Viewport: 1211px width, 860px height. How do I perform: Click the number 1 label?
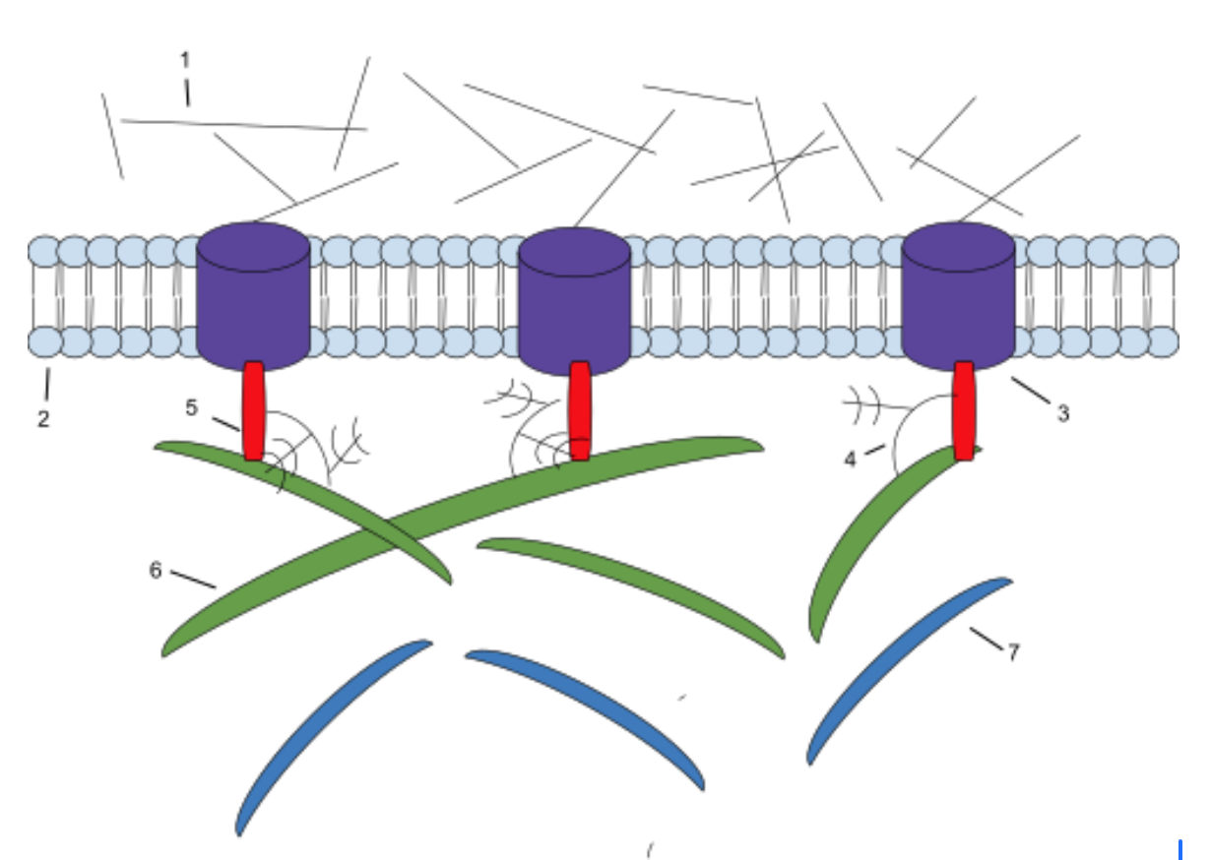(x=185, y=60)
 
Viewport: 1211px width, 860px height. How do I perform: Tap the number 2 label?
(x=43, y=419)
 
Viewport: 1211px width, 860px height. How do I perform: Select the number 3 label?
(x=1063, y=414)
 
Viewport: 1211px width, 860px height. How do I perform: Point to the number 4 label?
(x=851, y=460)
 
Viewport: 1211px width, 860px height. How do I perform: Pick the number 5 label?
(x=191, y=407)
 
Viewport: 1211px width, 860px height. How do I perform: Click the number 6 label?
(x=156, y=571)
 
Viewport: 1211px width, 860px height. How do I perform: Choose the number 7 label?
(x=1014, y=652)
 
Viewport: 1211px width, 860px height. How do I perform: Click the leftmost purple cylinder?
(x=253, y=296)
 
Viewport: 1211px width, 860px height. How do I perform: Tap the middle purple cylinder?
(x=575, y=301)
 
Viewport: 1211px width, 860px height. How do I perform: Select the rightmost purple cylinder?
(x=959, y=296)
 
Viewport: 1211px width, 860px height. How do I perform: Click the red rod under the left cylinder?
(x=254, y=411)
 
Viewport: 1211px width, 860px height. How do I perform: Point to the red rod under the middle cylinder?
(x=580, y=411)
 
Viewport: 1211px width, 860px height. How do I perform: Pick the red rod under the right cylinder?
(x=965, y=411)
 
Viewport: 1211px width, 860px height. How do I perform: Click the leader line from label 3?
(x=1031, y=390)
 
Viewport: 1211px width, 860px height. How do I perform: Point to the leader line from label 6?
(x=194, y=580)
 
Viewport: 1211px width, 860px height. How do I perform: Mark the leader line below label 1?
(x=188, y=92)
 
